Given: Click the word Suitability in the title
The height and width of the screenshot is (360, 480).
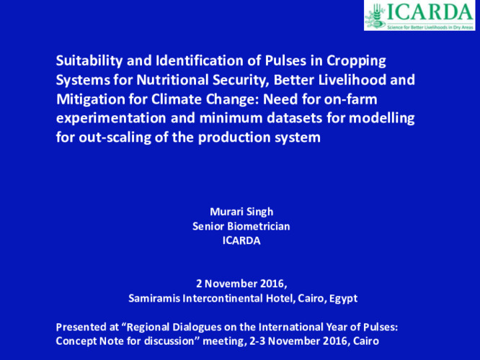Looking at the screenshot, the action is pos(89,61).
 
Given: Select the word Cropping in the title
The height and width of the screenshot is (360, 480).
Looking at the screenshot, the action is pos(356,61).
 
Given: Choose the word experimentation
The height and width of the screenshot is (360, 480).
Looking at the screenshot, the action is pos(111,119).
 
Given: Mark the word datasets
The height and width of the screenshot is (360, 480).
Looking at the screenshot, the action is pos(295,118).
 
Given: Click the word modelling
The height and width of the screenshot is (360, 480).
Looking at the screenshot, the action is pos(382,119).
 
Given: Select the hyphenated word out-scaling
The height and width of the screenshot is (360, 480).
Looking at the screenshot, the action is pos(115,138).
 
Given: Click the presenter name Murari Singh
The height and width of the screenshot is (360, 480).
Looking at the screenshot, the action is pos(241,212).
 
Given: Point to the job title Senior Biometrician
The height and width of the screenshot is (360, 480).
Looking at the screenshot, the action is pos(241,226).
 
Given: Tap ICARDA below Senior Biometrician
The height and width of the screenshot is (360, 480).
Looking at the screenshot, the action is pos(241,240).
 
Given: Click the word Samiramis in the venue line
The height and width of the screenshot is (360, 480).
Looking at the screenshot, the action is pos(154,298).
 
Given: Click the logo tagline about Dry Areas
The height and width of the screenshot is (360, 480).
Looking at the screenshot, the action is pos(430,27).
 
